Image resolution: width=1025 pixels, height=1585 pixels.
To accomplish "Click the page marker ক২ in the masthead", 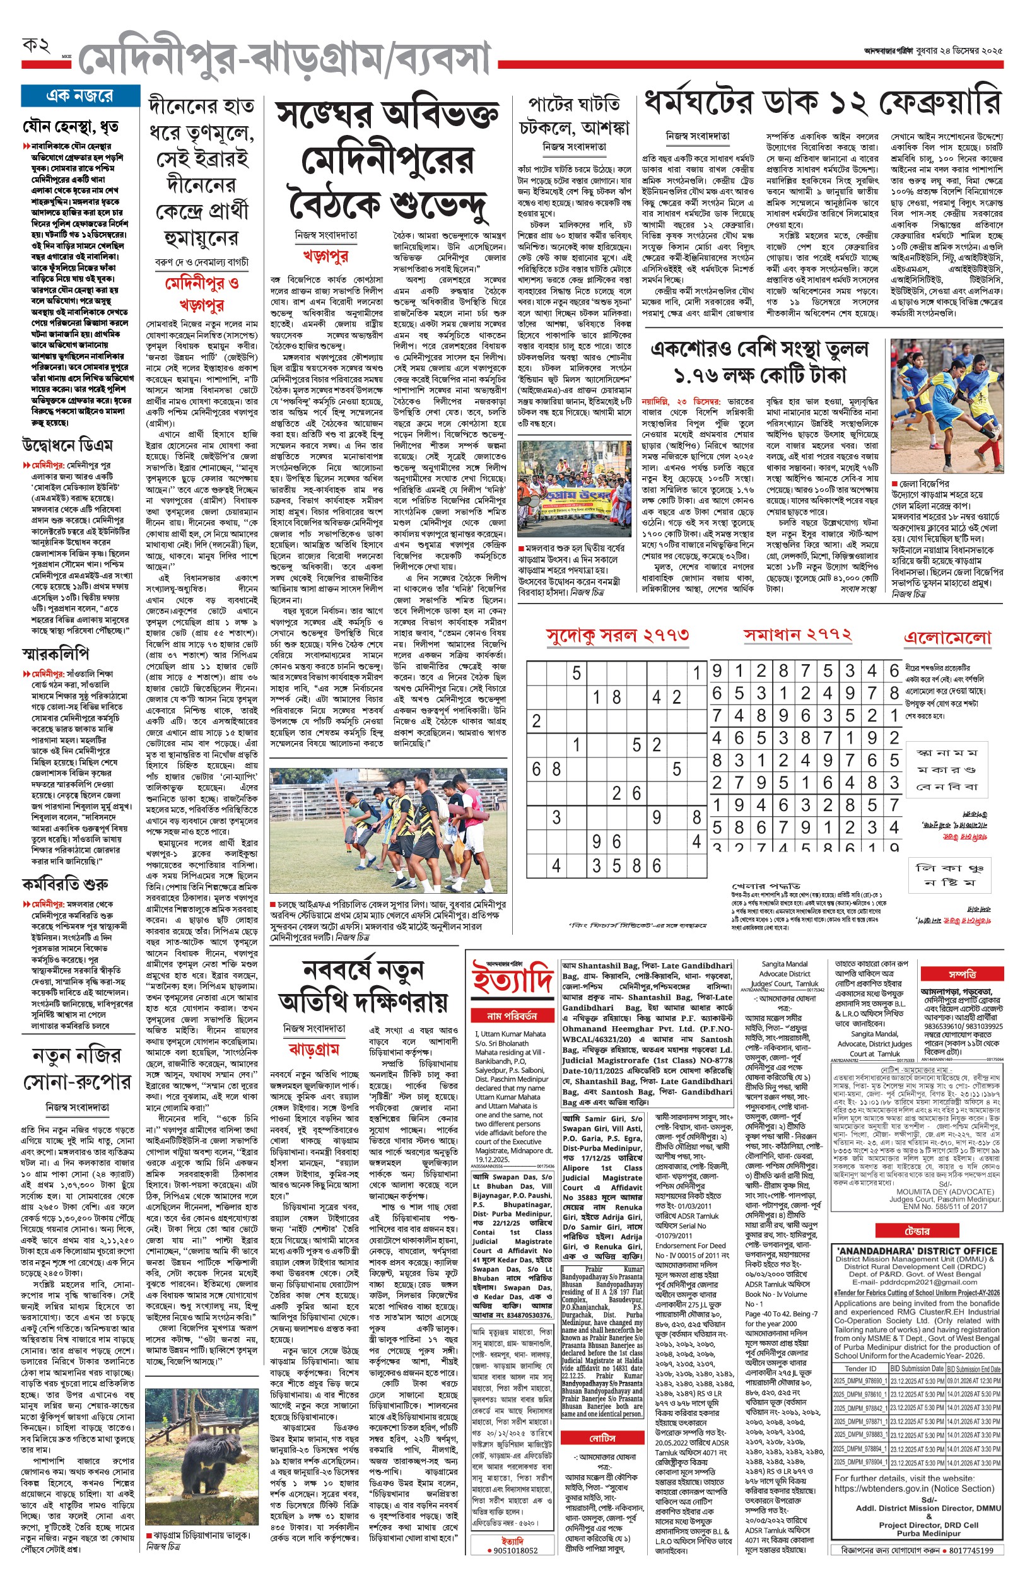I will pos(37,46).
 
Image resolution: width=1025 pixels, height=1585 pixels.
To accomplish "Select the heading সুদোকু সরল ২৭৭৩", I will pos(617,636).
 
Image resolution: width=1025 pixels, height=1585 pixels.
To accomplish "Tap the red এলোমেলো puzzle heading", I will pos(948,638).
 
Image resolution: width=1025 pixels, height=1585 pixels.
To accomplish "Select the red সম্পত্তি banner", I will pos(962,973).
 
